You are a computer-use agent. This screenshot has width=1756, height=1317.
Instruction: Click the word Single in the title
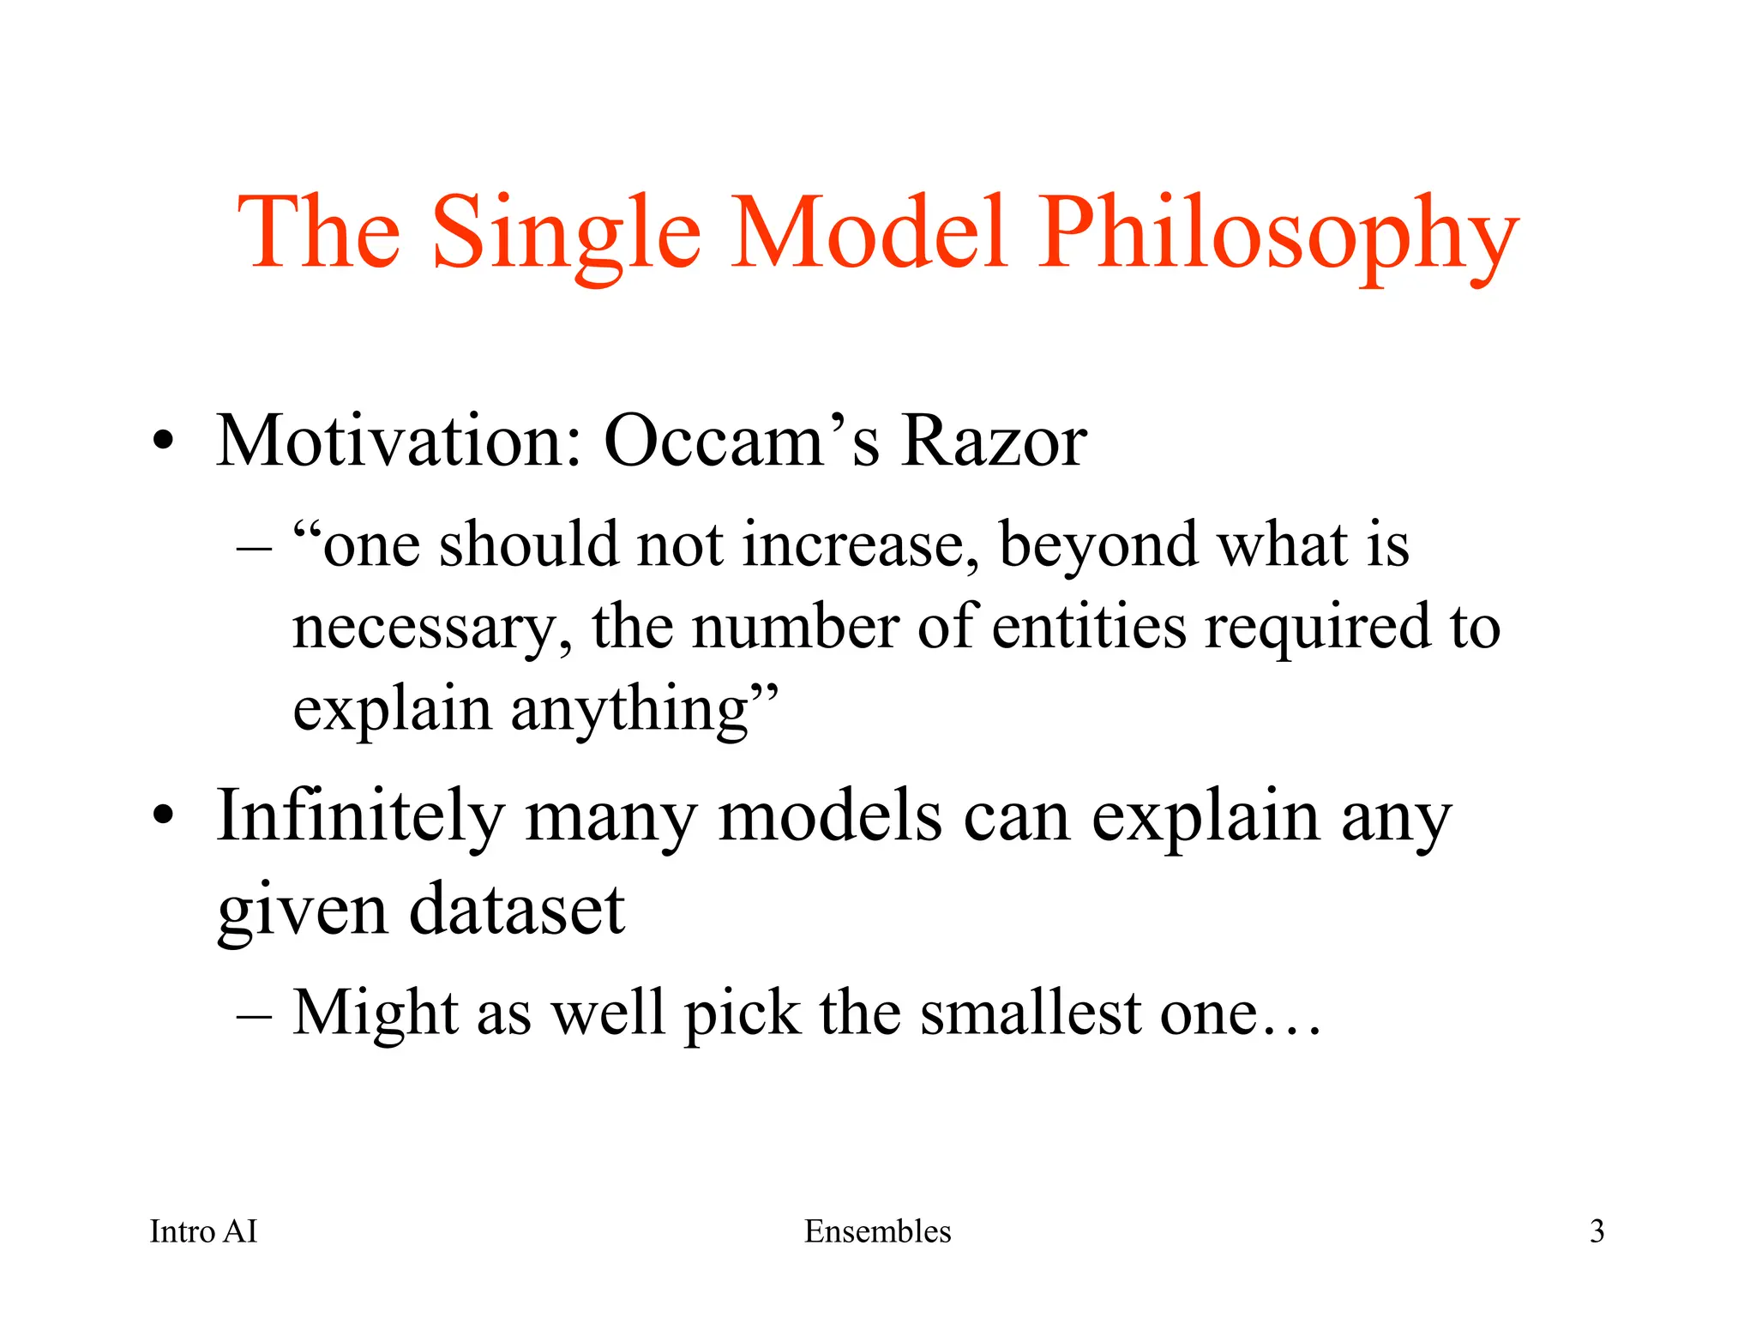[x=567, y=233]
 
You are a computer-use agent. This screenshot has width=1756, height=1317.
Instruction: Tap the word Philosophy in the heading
[x=1278, y=233]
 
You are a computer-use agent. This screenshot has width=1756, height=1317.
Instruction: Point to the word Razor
[x=994, y=441]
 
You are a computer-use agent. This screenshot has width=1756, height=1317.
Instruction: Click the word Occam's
[x=742, y=441]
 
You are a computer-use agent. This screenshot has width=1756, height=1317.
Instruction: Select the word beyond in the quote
[x=1098, y=546]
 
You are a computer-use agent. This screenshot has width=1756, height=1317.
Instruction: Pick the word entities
[x=1089, y=627]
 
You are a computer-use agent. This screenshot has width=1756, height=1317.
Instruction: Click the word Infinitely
[x=360, y=815]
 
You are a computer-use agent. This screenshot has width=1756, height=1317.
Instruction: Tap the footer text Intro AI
[x=203, y=1232]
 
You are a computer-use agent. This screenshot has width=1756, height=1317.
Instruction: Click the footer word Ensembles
[x=877, y=1232]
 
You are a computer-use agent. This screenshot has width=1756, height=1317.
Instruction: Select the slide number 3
[x=1597, y=1232]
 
